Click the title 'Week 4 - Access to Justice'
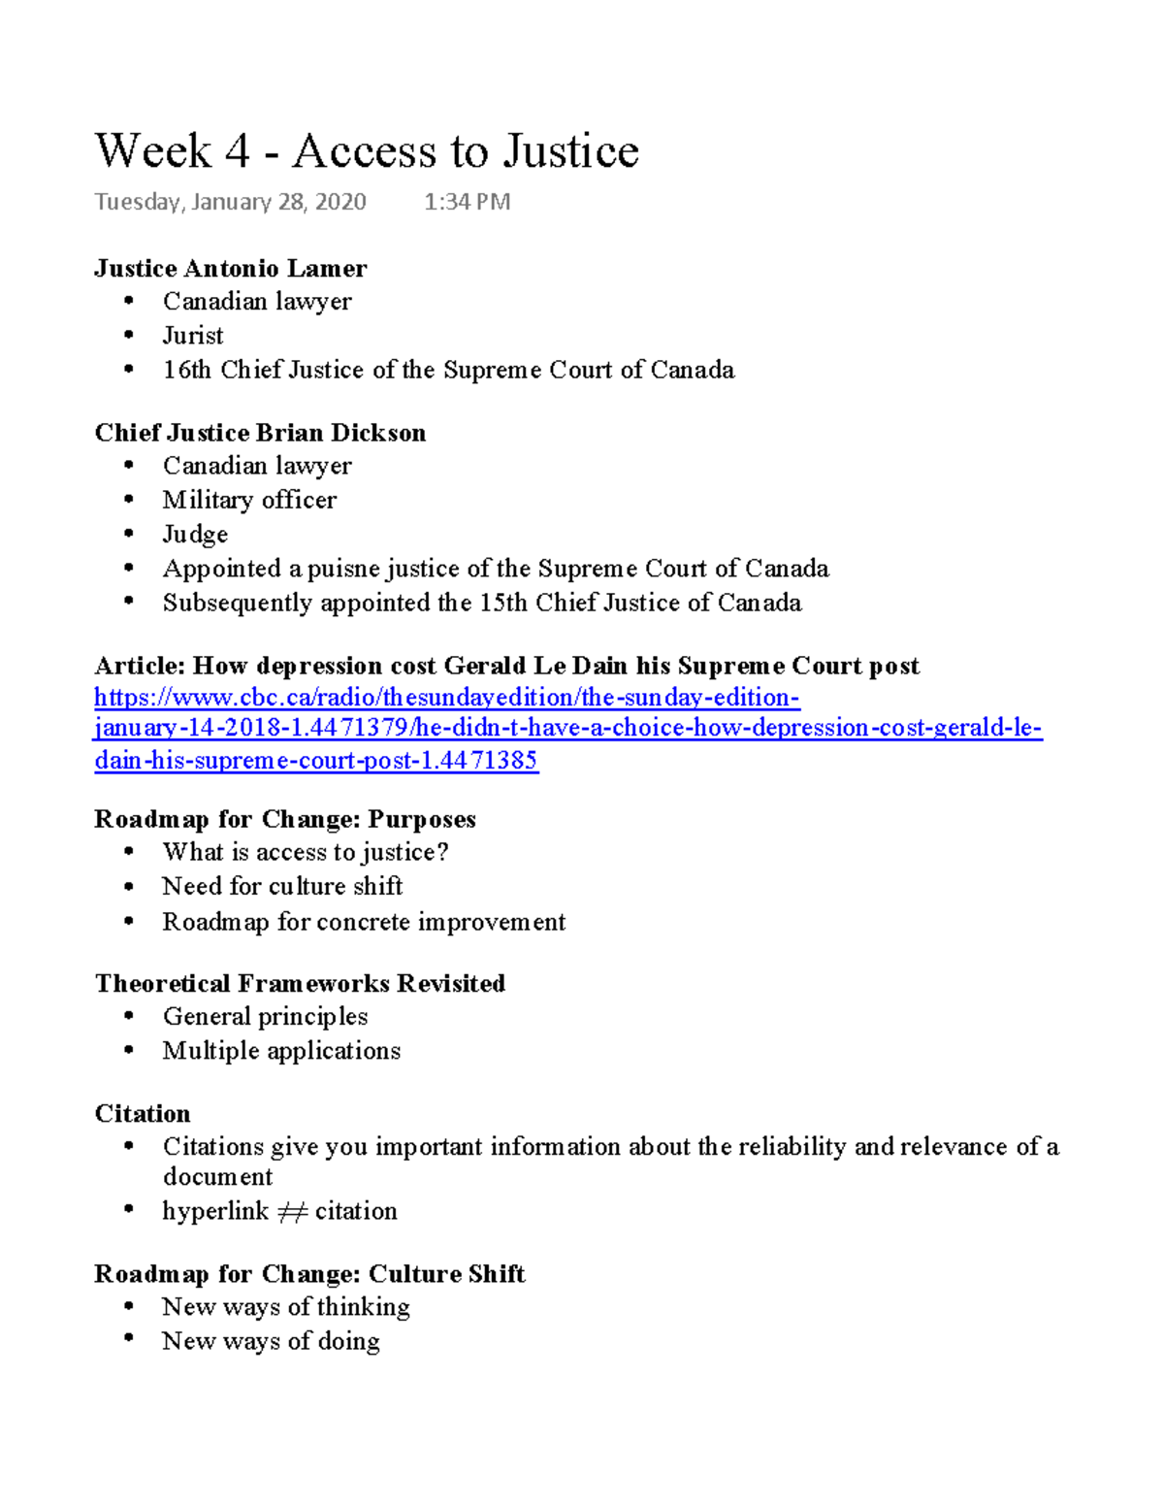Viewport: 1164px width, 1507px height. [367, 151]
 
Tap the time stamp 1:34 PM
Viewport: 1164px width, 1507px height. [467, 202]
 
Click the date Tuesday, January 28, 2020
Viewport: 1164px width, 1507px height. [230, 202]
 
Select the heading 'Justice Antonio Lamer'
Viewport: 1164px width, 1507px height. [230, 268]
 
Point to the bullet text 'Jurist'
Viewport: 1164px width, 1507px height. [193, 336]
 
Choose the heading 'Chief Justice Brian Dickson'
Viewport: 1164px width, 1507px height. [260, 433]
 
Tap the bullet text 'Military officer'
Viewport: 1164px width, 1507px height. [249, 500]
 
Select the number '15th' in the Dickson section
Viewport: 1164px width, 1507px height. [503, 603]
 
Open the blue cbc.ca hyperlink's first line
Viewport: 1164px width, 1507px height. [446, 698]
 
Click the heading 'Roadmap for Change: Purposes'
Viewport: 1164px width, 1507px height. [284, 819]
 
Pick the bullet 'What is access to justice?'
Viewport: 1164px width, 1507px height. [305, 852]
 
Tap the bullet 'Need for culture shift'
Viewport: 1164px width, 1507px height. [282, 886]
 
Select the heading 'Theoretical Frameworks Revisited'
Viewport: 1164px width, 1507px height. [300, 983]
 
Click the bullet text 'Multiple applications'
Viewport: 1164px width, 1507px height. [281, 1051]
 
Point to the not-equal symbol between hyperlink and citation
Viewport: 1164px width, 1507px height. [292, 1212]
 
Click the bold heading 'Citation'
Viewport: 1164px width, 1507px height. [143, 1113]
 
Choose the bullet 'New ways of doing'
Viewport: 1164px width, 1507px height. [271, 1341]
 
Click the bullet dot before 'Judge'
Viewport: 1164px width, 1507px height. [129, 534]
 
